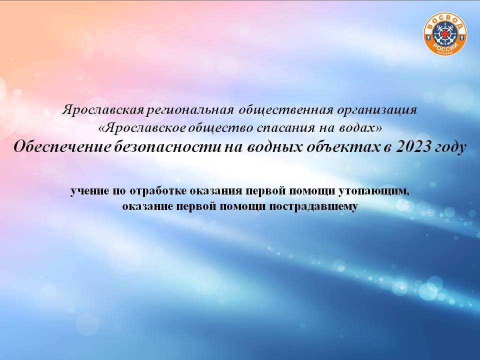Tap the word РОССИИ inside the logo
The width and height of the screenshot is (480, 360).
(445, 48)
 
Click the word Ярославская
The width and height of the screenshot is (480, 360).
(103, 110)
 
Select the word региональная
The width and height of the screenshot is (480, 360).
(190, 110)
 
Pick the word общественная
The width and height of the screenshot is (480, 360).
(286, 110)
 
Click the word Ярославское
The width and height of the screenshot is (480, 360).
(144, 128)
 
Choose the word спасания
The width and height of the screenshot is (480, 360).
(285, 128)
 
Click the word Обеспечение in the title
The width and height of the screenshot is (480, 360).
(62, 147)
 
